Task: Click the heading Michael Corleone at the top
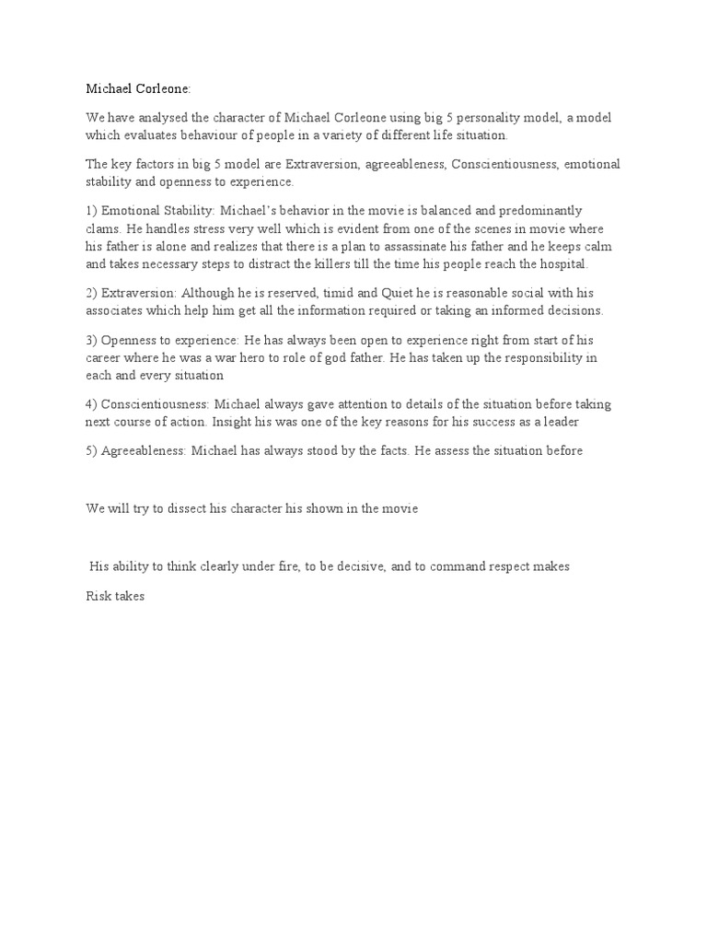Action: tap(139, 89)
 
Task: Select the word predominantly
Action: tap(539, 211)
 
